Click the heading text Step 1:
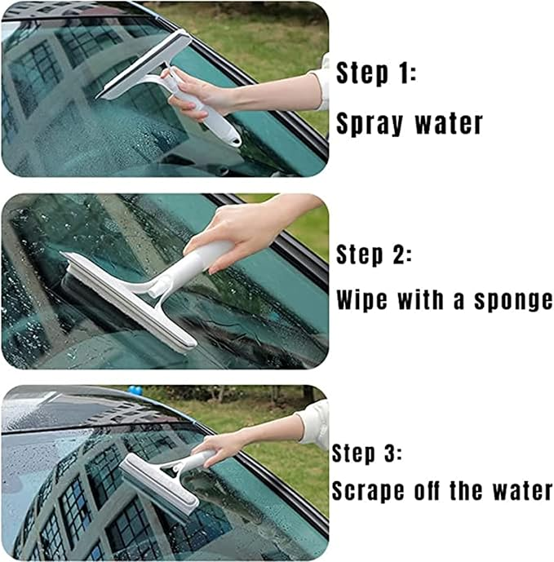(x=376, y=73)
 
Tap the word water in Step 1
(x=448, y=123)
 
